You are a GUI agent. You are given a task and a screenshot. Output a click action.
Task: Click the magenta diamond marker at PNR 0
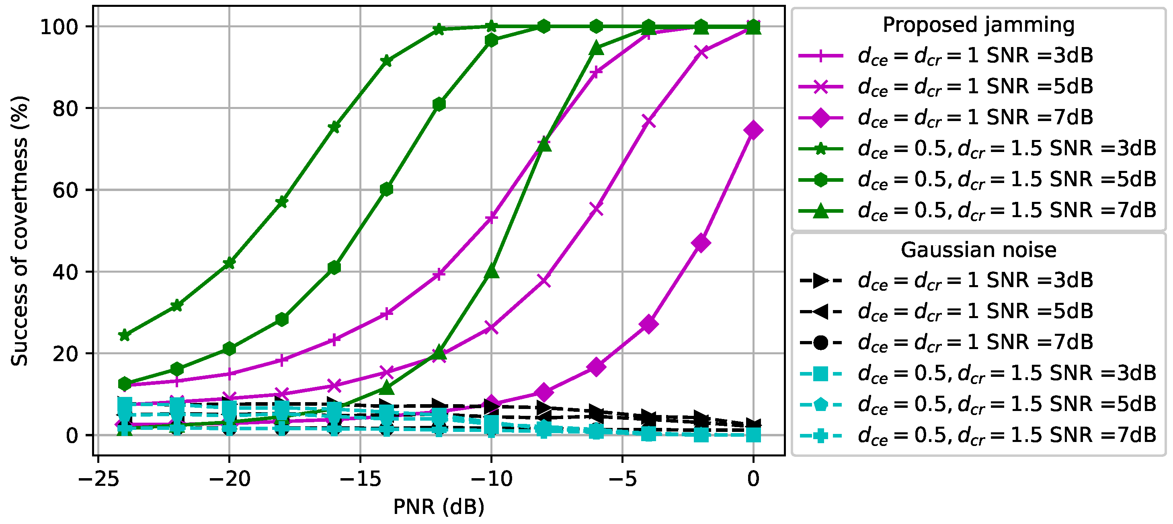point(753,130)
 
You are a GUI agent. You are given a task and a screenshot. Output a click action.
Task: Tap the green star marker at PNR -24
point(124,335)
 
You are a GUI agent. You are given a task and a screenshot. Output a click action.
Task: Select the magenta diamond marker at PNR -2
point(701,243)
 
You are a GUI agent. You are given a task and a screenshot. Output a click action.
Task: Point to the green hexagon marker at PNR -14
point(387,189)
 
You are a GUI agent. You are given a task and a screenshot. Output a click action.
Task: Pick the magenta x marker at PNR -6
point(596,209)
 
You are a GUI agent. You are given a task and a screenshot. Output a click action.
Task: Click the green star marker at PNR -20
point(230,263)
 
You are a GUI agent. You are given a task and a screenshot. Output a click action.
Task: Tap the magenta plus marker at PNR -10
point(491,218)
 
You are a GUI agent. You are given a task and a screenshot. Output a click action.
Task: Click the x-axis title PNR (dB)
point(439,507)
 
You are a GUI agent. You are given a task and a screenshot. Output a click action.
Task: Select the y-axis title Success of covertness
point(20,230)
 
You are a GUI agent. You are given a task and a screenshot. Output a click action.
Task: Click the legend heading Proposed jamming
point(978,25)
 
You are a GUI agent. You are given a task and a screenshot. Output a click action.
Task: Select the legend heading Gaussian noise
point(978,250)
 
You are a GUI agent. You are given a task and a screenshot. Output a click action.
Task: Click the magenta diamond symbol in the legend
point(820,117)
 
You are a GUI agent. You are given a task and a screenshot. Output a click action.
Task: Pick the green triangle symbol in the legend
point(820,211)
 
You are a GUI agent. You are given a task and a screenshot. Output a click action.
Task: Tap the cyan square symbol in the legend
point(820,374)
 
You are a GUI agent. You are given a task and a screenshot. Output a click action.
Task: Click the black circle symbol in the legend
point(820,342)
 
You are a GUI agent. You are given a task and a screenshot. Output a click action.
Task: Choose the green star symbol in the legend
point(820,148)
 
